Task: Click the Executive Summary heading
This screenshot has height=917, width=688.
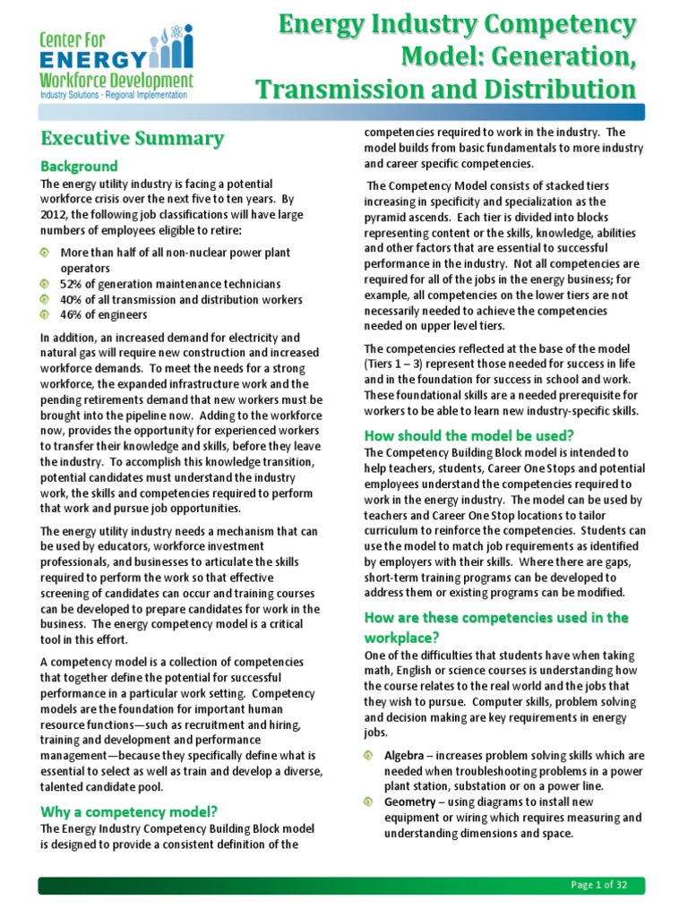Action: pos(131,139)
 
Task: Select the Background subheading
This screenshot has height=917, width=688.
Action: pos(79,166)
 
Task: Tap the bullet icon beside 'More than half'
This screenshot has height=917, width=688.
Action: pos(45,253)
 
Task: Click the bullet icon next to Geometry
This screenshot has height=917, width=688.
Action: pos(369,801)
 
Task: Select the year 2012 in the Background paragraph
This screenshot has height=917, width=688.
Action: pos(56,215)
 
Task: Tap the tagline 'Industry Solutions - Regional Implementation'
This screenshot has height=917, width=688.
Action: pos(112,94)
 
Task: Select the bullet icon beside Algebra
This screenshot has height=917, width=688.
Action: pos(369,756)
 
